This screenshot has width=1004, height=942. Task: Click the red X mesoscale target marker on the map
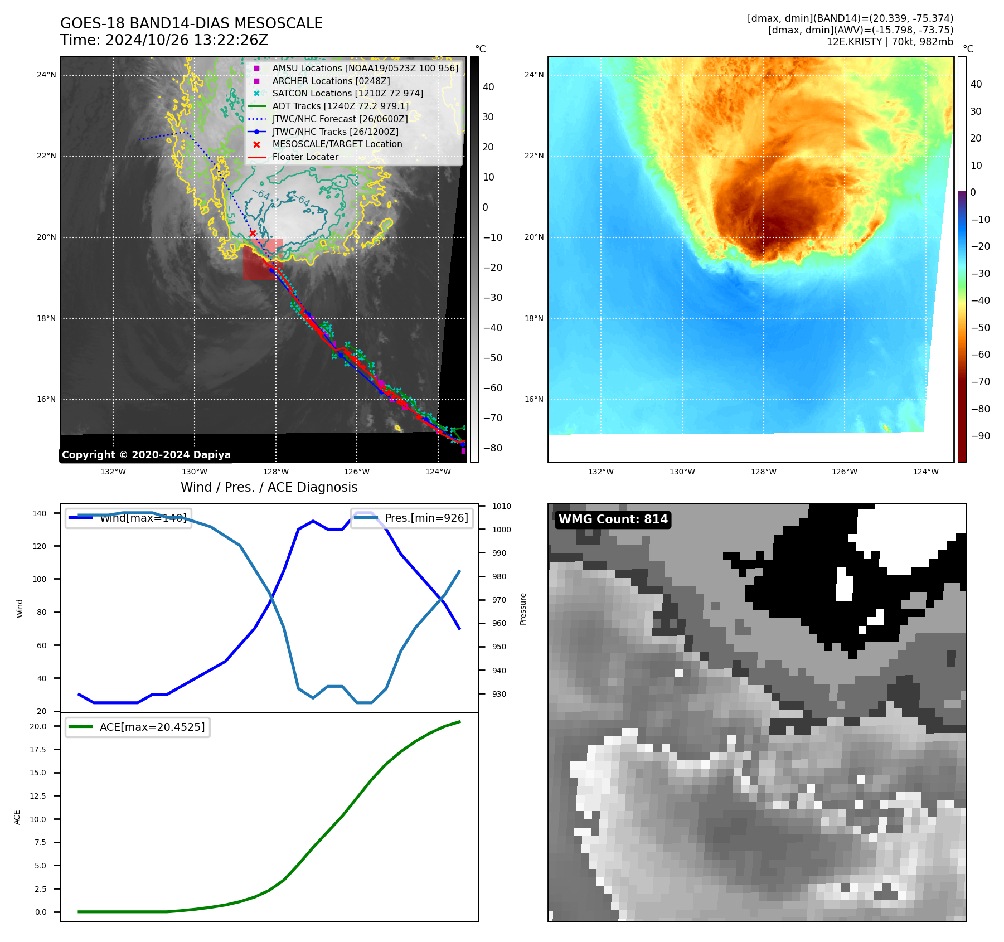(x=253, y=233)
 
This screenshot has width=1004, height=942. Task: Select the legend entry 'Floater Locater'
(x=305, y=157)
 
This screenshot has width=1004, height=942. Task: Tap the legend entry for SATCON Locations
(x=347, y=94)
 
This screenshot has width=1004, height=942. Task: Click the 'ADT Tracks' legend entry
(x=340, y=106)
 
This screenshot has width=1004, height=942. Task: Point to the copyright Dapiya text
(x=146, y=455)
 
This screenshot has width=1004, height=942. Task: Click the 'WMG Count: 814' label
(x=613, y=519)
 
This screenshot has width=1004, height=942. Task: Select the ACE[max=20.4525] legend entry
(x=152, y=727)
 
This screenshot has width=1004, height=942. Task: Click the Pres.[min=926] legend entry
(x=426, y=518)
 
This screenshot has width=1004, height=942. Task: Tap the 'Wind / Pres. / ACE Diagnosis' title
(x=269, y=487)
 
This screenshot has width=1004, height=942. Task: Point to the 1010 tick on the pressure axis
(x=501, y=506)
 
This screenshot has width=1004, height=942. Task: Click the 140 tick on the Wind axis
(x=40, y=513)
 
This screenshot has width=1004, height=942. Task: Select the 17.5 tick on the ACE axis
(x=38, y=750)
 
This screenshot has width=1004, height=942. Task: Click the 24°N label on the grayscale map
(x=46, y=75)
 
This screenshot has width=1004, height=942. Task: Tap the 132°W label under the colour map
(x=600, y=472)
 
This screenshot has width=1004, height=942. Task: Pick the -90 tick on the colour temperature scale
(x=980, y=436)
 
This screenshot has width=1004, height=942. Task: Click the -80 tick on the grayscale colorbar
(x=492, y=448)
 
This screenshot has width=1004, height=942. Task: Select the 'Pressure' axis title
(x=523, y=609)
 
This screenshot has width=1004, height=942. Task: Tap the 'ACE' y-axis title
(x=17, y=817)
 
